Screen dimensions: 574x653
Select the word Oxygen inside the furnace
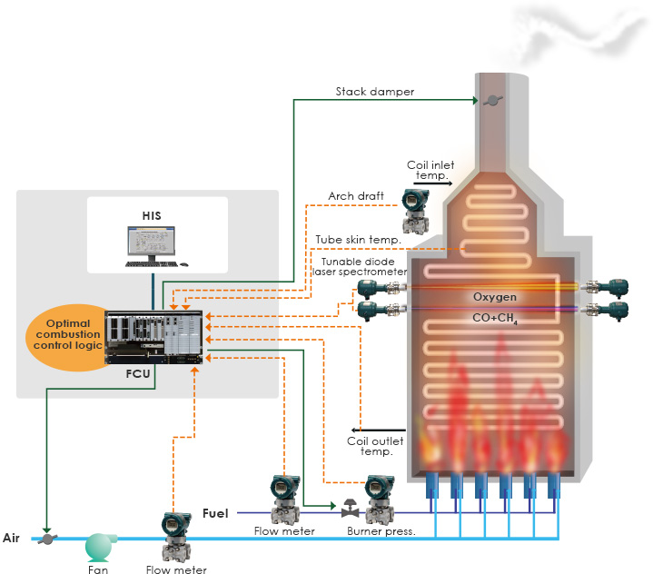pos(495,297)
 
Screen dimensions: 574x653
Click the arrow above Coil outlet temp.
pos(378,428)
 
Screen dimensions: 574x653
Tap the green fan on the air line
pos(98,546)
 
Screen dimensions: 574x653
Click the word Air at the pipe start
pos(12,538)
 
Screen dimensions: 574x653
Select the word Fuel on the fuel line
pos(215,512)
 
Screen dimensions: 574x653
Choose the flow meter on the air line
pos(173,536)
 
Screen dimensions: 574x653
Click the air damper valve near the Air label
pos(46,538)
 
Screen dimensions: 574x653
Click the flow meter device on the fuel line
pos(285,496)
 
